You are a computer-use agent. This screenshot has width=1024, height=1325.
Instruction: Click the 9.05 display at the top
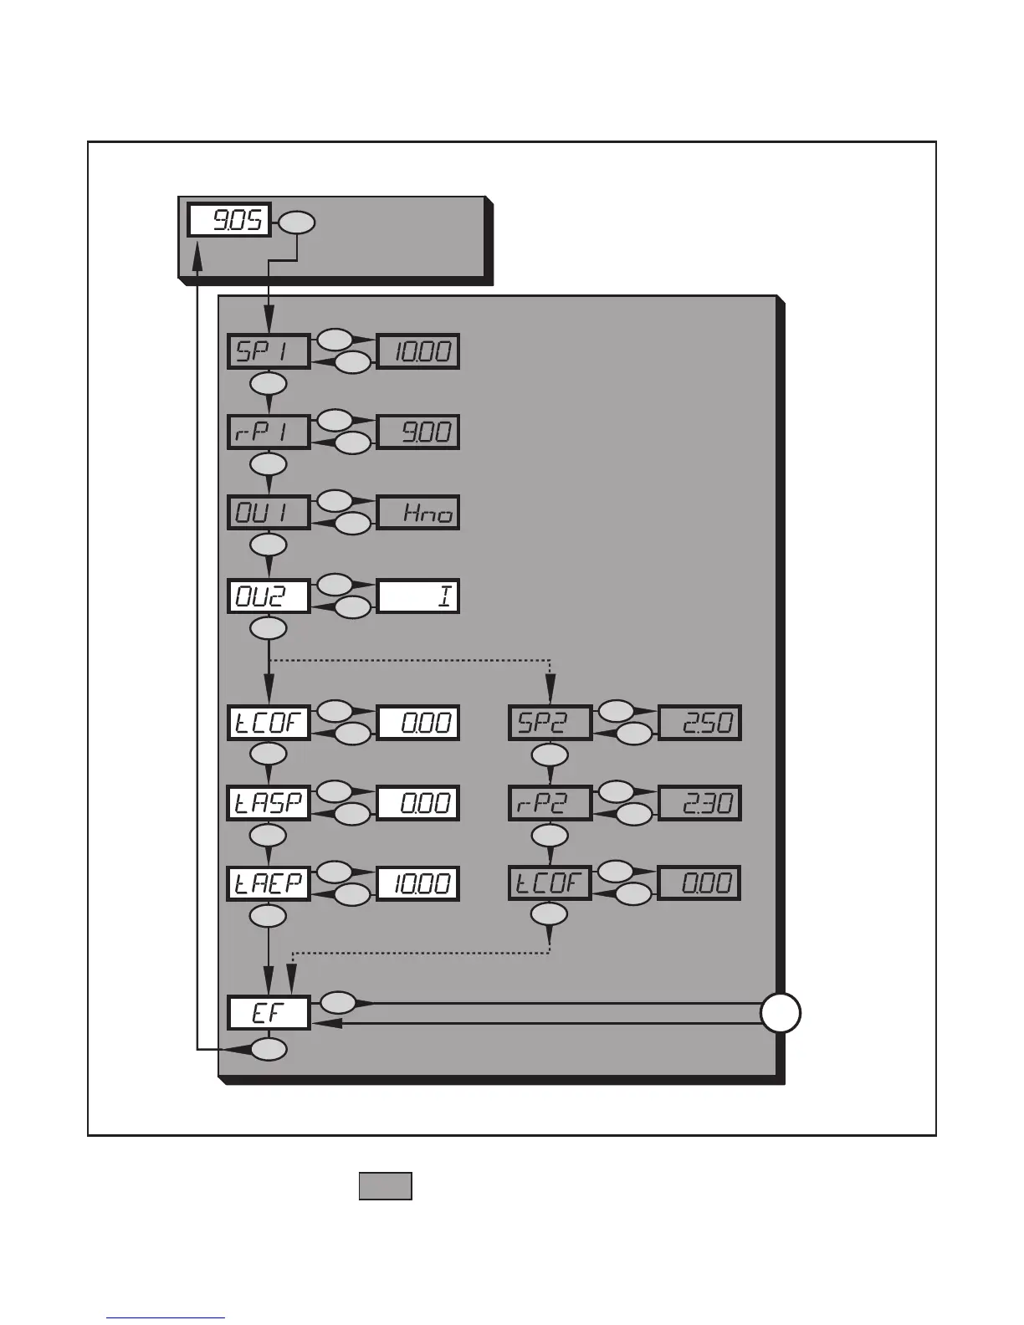click(x=228, y=221)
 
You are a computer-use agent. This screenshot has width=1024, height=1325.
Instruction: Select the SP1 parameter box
click(x=269, y=351)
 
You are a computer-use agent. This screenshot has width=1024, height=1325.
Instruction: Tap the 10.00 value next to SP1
click(x=418, y=351)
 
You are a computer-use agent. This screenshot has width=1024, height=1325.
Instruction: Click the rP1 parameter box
click(x=269, y=432)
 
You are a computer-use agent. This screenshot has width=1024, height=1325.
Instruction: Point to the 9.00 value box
click(x=418, y=432)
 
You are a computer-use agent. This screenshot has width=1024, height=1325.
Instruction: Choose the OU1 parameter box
click(x=269, y=513)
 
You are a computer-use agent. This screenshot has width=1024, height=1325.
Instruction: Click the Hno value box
click(x=418, y=513)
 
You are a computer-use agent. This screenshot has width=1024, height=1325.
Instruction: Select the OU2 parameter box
click(x=269, y=596)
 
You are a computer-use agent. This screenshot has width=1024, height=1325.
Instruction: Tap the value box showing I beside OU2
click(x=418, y=596)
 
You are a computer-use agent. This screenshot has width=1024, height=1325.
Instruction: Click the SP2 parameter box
click(x=550, y=723)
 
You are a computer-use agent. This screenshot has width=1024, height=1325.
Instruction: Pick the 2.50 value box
click(x=699, y=723)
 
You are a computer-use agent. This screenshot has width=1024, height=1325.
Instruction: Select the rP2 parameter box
click(x=550, y=803)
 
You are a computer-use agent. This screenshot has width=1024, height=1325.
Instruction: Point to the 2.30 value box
click(x=699, y=803)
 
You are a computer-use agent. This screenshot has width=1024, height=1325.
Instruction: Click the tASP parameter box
click(x=269, y=803)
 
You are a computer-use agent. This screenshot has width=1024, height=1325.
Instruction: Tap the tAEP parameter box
click(x=269, y=883)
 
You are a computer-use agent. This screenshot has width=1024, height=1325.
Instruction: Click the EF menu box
click(x=269, y=1013)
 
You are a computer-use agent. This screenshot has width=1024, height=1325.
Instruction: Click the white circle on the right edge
click(x=781, y=1013)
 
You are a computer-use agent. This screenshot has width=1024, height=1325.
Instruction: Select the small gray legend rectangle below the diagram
click(x=385, y=1186)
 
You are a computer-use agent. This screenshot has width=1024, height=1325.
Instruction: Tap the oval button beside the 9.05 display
click(x=297, y=223)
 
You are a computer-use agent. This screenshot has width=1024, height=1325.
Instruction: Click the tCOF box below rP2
click(x=550, y=883)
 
